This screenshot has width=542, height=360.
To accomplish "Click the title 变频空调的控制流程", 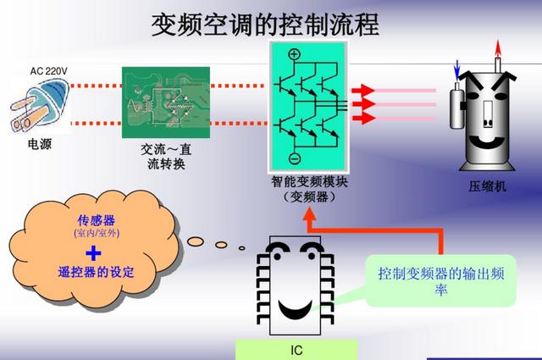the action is [x=265, y=25].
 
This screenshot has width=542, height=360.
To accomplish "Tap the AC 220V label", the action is [x=49, y=71].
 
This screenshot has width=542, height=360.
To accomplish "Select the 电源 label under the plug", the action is [x=40, y=144].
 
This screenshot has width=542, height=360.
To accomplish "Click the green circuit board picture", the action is [x=166, y=102].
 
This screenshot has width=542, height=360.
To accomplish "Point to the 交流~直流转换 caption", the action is [x=166, y=157].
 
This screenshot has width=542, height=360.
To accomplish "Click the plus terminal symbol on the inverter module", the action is [x=294, y=54].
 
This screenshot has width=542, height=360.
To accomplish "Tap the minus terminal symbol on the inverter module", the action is [x=295, y=158].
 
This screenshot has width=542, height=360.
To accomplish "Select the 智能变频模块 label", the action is [x=309, y=182].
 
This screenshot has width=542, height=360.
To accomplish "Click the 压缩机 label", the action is [x=488, y=186].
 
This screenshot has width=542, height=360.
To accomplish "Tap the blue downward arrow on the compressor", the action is [x=457, y=70].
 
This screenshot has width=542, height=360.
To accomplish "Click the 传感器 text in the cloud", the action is [x=96, y=220].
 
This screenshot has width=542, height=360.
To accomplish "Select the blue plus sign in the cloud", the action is [x=93, y=253].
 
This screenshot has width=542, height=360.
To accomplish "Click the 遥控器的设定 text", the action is [x=96, y=272].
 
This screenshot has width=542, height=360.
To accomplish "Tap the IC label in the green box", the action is [x=296, y=351].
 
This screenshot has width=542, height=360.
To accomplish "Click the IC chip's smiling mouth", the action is [x=296, y=309].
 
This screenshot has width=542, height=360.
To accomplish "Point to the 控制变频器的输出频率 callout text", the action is [x=441, y=281].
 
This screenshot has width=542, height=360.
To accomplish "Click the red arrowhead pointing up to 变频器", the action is [x=309, y=215].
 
